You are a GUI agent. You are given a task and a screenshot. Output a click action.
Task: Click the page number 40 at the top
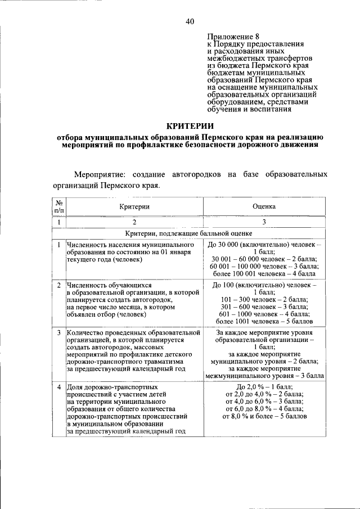point(190,21)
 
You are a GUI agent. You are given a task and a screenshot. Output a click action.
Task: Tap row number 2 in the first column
point(59,285)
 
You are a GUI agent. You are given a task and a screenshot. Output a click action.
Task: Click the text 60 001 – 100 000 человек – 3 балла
point(263,266)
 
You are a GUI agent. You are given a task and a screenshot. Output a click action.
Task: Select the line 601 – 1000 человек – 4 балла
point(263,314)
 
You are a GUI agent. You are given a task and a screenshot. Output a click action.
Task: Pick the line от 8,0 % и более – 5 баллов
point(263,417)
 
